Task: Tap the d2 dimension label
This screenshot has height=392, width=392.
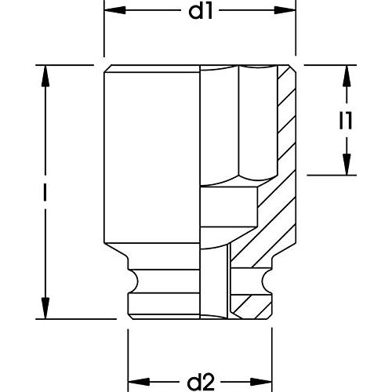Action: [201, 382]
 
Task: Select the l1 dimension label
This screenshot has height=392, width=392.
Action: [346, 121]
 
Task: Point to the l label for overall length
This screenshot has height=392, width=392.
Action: [45, 192]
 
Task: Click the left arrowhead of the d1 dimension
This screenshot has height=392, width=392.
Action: [115, 10]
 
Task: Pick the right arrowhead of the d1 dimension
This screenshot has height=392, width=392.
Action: [285, 10]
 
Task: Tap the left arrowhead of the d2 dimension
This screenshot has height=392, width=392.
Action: [139, 382]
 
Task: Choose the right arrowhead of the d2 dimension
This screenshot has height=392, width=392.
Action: [261, 382]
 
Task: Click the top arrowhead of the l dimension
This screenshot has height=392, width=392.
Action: [45, 76]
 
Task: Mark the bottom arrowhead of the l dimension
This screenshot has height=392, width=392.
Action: [45, 308]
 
